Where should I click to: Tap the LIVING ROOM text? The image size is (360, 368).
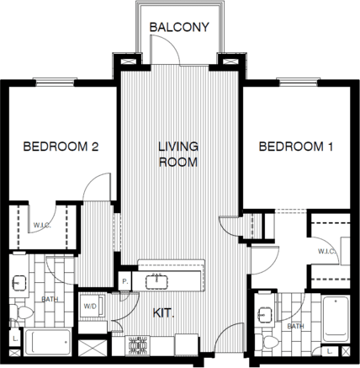[x=177, y=153]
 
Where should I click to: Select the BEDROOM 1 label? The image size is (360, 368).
[x=295, y=147]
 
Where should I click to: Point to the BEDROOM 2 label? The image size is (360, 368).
[x=61, y=147]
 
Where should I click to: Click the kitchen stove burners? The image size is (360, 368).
[x=137, y=344]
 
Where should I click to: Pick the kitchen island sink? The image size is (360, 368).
[x=156, y=275]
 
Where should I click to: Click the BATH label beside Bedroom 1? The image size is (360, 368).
[x=295, y=326]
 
